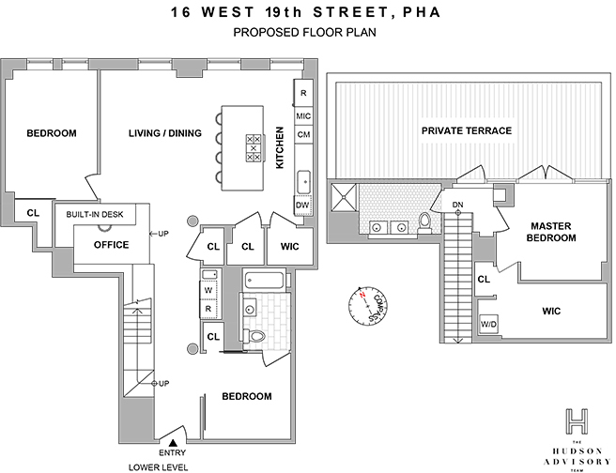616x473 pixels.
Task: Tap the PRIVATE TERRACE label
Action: pyautogui.click(x=466, y=130)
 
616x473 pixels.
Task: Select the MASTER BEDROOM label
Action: pyautogui.click(x=551, y=232)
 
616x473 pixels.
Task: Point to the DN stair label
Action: pyautogui.click(x=458, y=204)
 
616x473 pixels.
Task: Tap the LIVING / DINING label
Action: pyautogui.click(x=165, y=133)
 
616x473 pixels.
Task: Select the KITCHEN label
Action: pyautogui.click(x=280, y=150)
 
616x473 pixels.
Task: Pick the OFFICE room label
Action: pyautogui.click(x=111, y=245)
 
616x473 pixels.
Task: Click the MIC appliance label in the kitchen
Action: pyautogui.click(x=303, y=115)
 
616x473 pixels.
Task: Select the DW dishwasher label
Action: pyautogui.click(x=302, y=205)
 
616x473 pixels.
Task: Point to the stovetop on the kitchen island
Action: pyautogui.click(x=254, y=148)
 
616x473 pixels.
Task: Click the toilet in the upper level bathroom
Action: pyautogui.click(x=424, y=222)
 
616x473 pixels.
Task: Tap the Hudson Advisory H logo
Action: pyautogui.click(x=579, y=420)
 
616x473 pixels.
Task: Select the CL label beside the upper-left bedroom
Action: pyautogui.click(x=33, y=213)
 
